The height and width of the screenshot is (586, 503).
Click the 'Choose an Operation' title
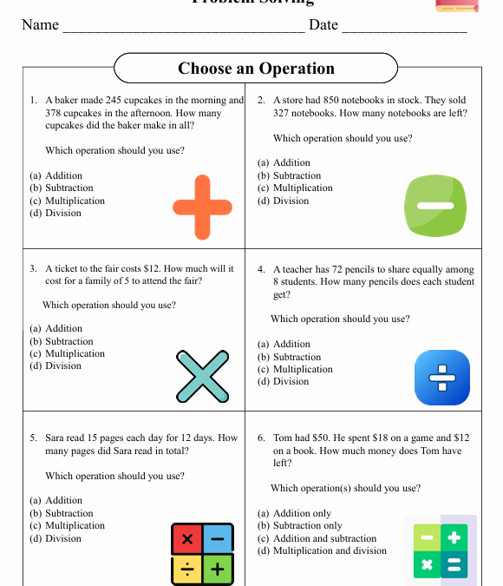256,69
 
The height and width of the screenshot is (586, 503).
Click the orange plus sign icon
203,207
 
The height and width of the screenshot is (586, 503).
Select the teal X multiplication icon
203,377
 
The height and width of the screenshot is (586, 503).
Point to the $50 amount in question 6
331,438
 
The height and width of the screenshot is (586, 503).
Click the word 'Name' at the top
40,24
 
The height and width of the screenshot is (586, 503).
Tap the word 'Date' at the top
323,24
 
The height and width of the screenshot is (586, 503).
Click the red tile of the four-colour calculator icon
186,539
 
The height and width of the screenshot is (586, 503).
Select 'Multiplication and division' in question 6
330,550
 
